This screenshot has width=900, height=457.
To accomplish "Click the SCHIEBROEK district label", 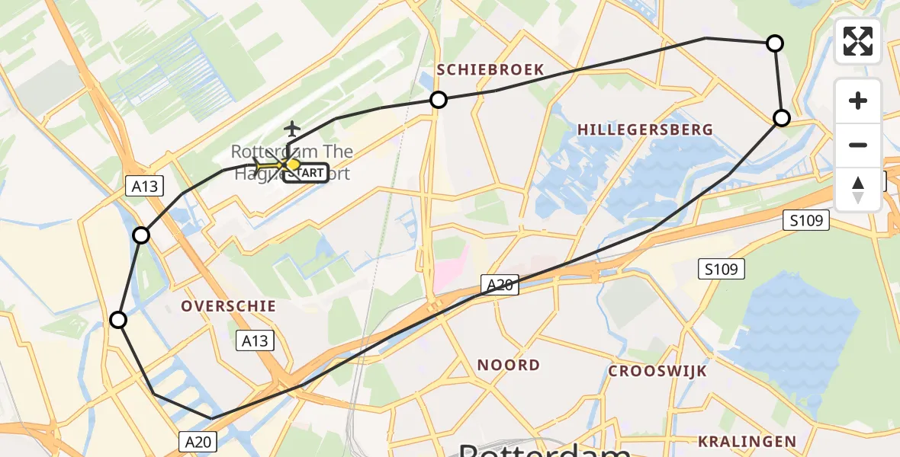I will (490, 70).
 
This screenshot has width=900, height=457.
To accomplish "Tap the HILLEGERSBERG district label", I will (645, 129).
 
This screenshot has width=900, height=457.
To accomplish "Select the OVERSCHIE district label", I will (229, 305).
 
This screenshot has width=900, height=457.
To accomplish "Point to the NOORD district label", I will (509, 365).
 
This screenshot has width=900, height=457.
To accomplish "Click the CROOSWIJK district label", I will (657, 372).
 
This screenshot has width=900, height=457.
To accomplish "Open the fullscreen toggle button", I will (858, 41).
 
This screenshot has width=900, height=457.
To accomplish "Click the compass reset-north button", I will (858, 189).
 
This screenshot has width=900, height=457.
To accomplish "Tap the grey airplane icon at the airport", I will (291, 129).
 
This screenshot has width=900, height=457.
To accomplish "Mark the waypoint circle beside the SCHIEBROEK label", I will (439, 99).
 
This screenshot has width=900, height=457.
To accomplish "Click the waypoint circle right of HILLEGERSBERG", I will (782, 118).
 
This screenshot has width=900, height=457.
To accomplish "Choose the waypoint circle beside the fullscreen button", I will (774, 43).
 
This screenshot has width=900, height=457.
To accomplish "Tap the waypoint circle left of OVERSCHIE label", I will (118, 320).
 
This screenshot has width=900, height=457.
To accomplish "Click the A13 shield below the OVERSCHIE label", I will (256, 340).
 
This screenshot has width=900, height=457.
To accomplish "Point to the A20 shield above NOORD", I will (500, 285).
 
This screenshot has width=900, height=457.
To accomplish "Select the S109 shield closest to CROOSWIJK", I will (721, 269).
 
